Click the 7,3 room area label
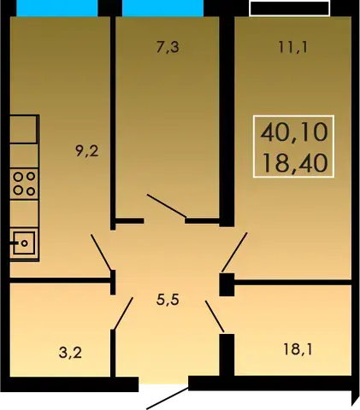pos(168,48)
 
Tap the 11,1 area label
pos(293,47)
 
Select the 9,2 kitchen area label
pos(87,151)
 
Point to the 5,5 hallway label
pos(168,300)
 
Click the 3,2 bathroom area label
pos(70,353)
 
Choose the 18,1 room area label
pos(298,349)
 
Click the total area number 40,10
pos(294,132)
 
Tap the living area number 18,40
pos(294,163)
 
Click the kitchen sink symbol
pos(24,243)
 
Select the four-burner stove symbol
pos(24,184)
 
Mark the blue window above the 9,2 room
pos(57,9)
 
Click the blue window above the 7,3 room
pos(163,9)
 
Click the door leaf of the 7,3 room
pos(167,206)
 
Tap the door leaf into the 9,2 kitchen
pos(101,252)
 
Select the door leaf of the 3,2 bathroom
pos(123,313)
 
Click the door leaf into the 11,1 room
pos(234,252)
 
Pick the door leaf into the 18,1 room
pos(215,316)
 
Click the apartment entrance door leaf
pos(168,398)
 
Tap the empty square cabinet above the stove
pos(24,129)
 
